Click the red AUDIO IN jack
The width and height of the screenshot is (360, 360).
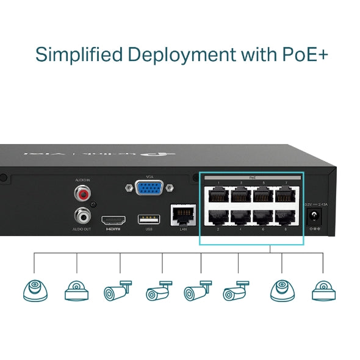[x=82, y=195]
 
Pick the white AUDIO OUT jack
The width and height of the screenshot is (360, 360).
[x=82, y=215]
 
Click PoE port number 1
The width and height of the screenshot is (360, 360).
[x=218, y=195]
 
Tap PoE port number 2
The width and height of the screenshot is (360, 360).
[x=218, y=217]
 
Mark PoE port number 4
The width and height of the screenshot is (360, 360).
[x=240, y=217]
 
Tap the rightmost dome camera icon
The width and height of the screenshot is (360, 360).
[x=323, y=290]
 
